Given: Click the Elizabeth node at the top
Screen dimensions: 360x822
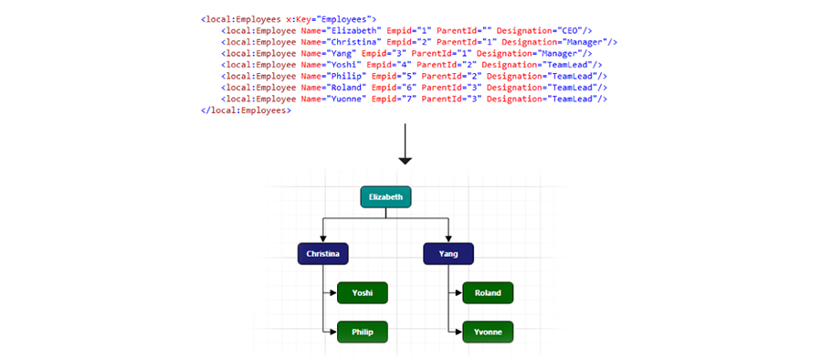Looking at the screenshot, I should pos(386,196).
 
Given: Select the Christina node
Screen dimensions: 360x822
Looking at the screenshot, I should pos(324,253).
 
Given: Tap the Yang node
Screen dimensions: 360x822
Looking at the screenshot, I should pos(448,253).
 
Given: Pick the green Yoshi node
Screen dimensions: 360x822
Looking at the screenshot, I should pos(363,293).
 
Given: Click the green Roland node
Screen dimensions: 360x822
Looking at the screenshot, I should pos(488,293).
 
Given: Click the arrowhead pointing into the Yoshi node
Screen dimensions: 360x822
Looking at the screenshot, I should pos(333,293).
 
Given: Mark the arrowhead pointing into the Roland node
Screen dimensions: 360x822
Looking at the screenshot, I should pos(458,293).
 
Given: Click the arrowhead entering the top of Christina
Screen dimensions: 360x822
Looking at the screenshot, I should pos(324,238).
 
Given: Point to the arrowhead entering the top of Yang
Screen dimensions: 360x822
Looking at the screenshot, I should pos(448,238).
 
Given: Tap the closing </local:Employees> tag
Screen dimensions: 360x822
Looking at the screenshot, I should pos(246,110).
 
